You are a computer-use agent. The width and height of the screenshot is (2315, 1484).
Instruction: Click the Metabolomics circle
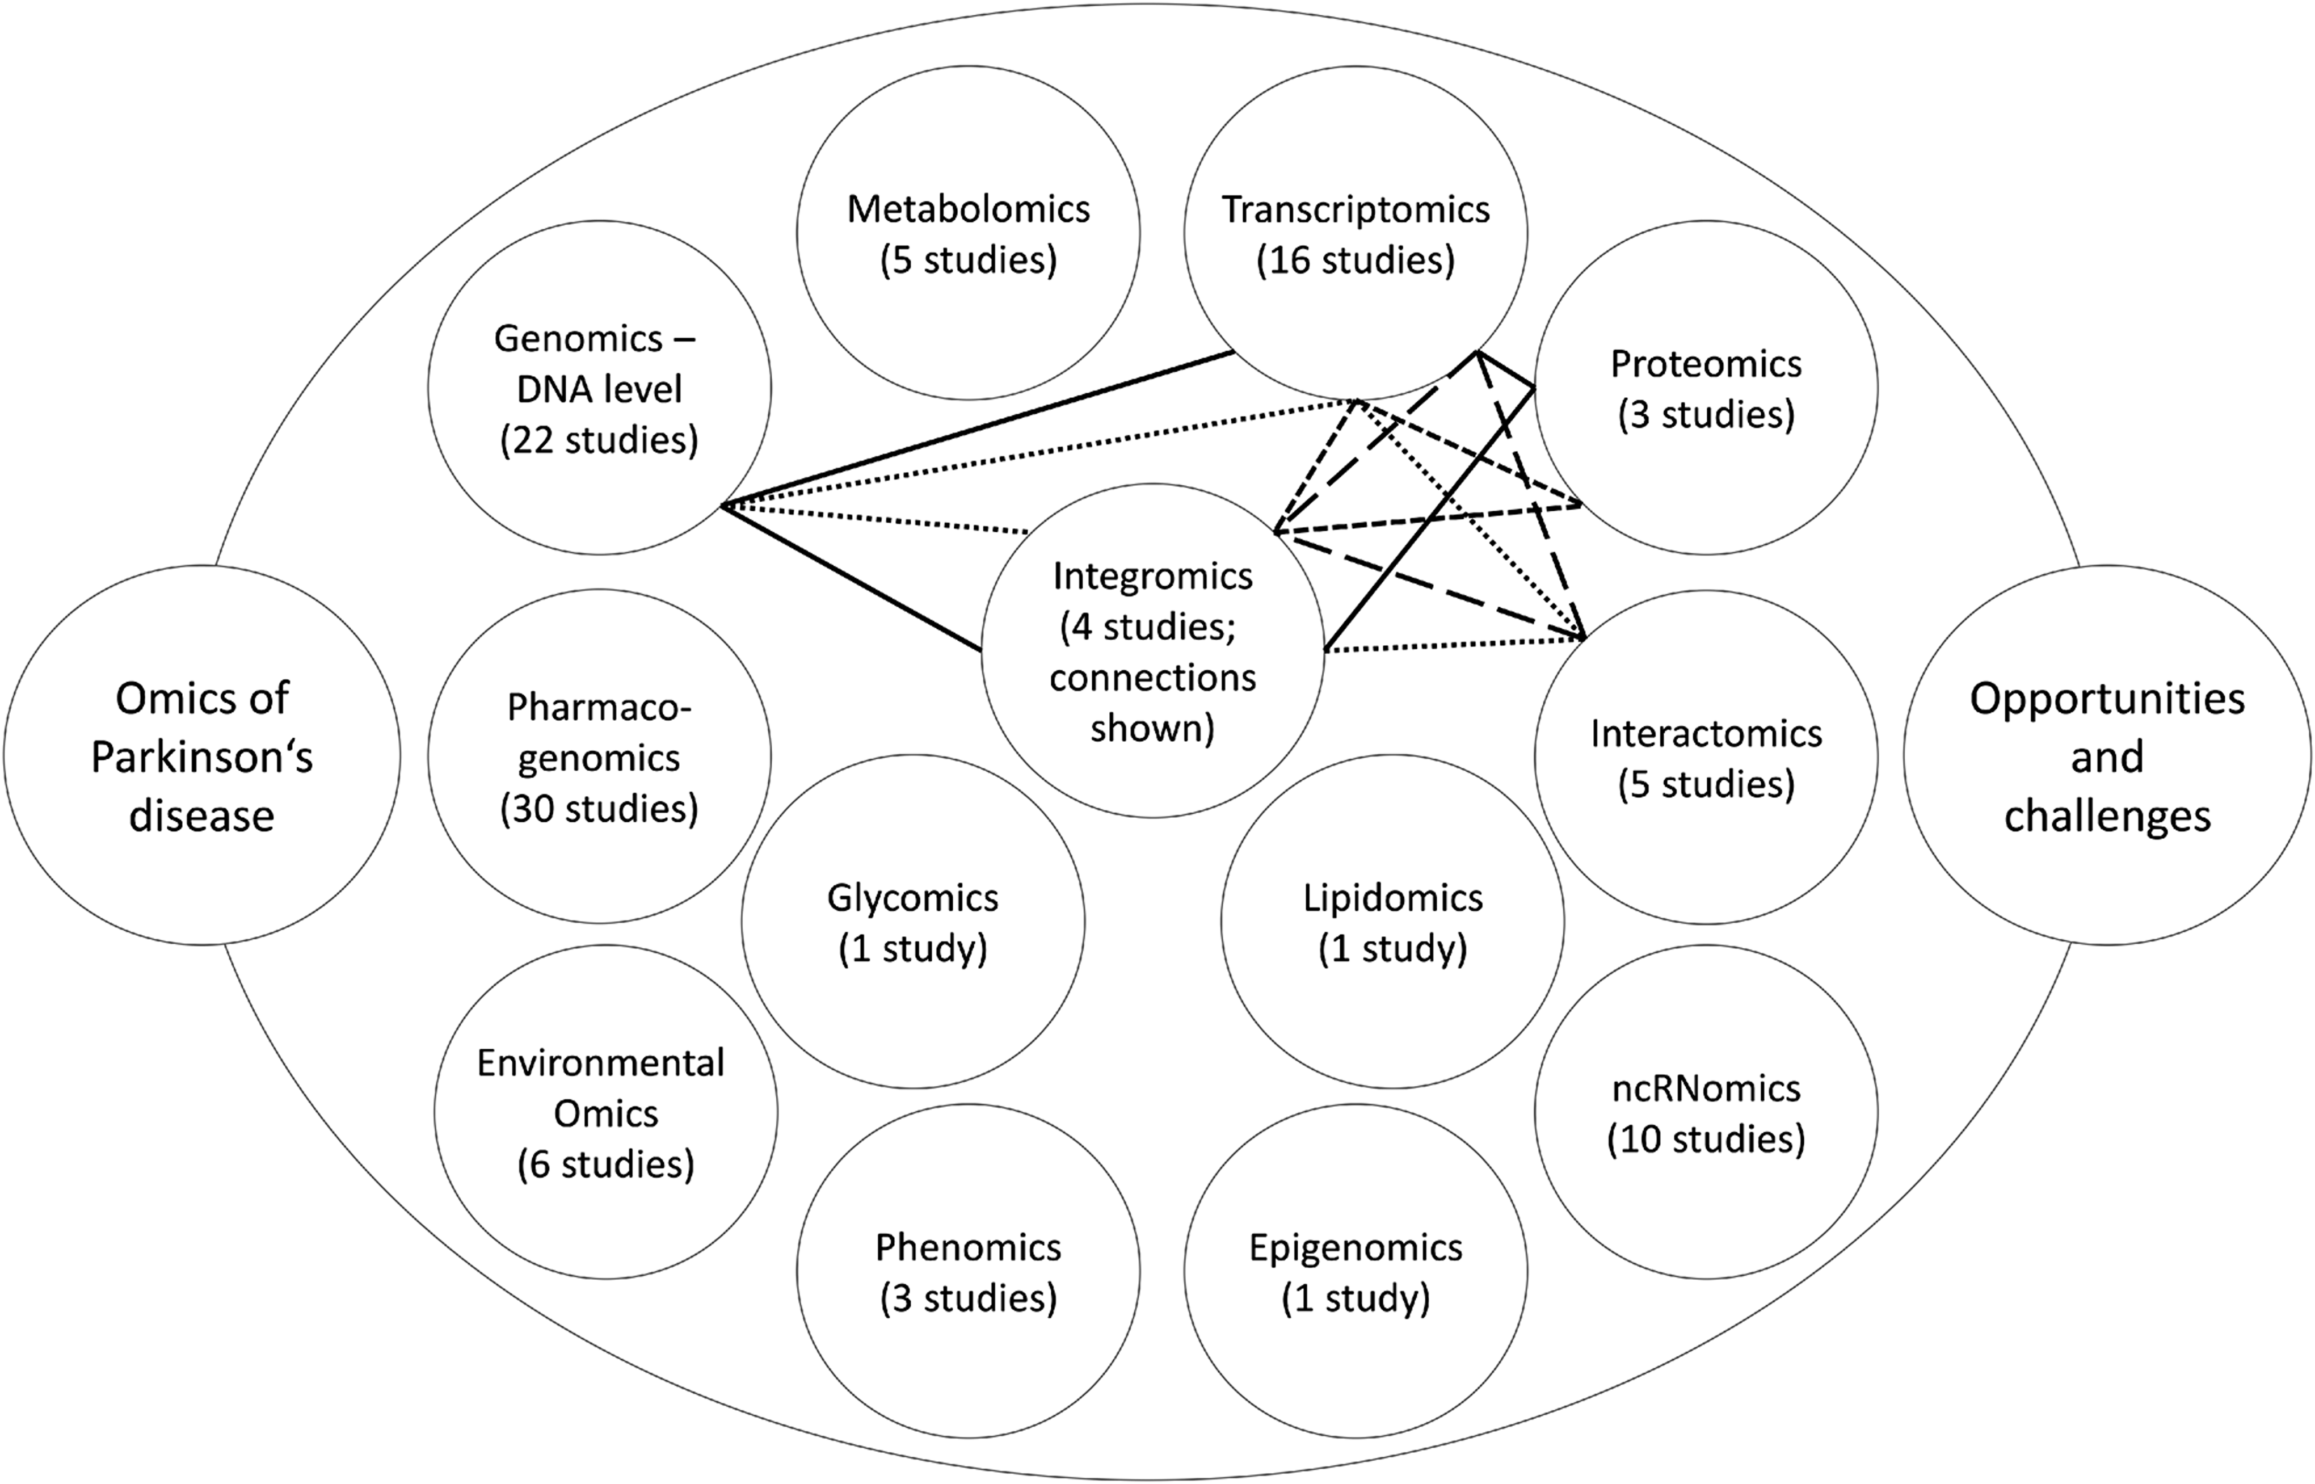[x=968, y=233]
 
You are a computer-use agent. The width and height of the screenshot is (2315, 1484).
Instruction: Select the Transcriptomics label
[x=1356, y=209]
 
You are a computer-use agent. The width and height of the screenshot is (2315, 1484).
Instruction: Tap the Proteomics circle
[x=1706, y=388]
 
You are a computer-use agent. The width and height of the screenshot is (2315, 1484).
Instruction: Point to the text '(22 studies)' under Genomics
[x=599, y=440]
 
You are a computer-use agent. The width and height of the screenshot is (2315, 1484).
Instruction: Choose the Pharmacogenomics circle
[x=599, y=756]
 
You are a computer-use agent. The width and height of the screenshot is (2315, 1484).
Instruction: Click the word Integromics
[x=1152, y=576]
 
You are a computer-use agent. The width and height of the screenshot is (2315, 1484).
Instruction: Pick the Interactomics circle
[x=1706, y=758]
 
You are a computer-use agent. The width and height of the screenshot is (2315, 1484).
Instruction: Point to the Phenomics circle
[x=968, y=1272]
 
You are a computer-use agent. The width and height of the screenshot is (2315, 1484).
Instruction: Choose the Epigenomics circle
[x=1356, y=1272]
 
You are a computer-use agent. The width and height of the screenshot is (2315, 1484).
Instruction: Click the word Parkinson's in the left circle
[x=203, y=758]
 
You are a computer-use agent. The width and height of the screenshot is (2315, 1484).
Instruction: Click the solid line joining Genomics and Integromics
[x=852, y=578]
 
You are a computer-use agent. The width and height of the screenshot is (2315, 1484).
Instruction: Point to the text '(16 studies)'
[x=1356, y=260]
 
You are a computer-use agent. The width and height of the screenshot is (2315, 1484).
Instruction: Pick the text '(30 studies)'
[x=599, y=809]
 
